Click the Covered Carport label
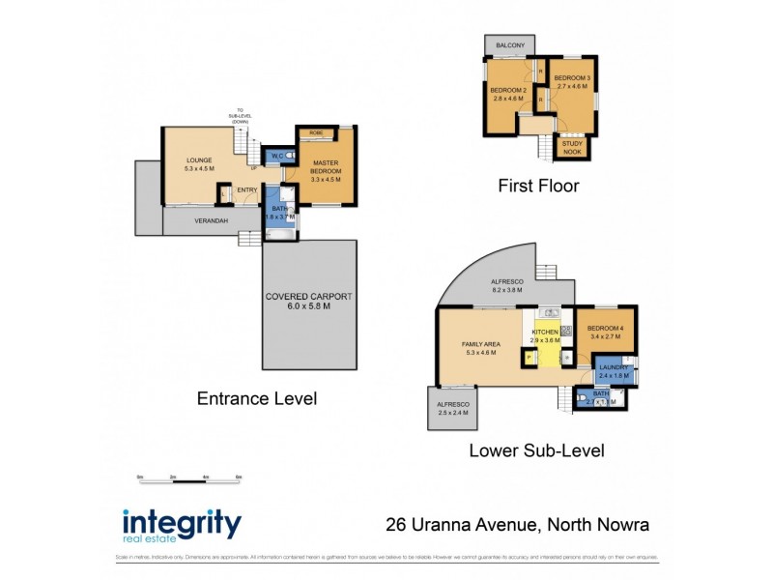click(311, 300)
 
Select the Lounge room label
click(186, 163)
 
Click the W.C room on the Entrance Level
click(274, 156)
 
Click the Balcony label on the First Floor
click(510, 46)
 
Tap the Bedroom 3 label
click(572, 81)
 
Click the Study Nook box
click(573, 145)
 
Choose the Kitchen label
click(545, 335)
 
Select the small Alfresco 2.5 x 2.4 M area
click(451, 408)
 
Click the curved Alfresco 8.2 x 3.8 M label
click(508, 285)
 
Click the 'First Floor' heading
click(538, 186)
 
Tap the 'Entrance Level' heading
click(256, 398)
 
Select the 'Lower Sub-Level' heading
click(536, 449)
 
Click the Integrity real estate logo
click(182, 527)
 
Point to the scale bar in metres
click(188, 479)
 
